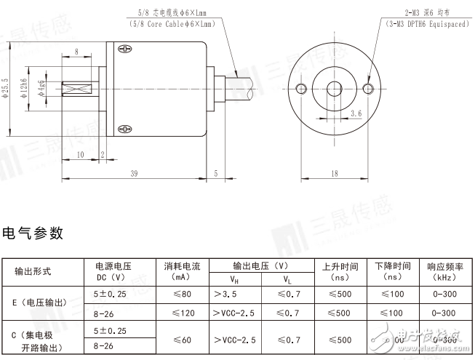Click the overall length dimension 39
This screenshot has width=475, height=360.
(x=134, y=173)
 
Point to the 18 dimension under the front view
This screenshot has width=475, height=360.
(x=334, y=173)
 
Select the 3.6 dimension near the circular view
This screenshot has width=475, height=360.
(x=356, y=113)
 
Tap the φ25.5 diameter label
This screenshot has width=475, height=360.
(x=6, y=87)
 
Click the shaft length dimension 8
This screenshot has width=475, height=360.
(x=76, y=53)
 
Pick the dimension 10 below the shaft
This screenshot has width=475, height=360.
(x=80, y=154)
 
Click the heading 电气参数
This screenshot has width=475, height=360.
(x=33, y=233)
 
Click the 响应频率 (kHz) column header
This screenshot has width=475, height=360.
(x=444, y=271)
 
